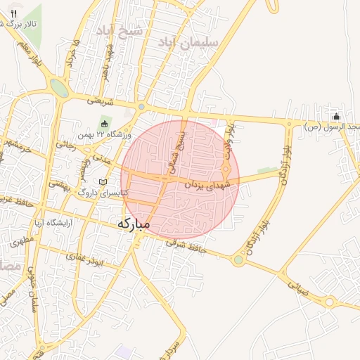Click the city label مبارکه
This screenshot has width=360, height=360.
(x=133, y=224)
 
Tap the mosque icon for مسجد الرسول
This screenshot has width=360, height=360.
(x=336, y=117)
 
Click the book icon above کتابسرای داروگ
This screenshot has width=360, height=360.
(x=103, y=182)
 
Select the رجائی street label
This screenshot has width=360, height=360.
(x=65, y=144)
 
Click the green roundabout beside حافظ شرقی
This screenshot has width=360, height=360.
(x=238, y=260)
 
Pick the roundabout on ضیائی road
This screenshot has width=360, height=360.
(x=329, y=302)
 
